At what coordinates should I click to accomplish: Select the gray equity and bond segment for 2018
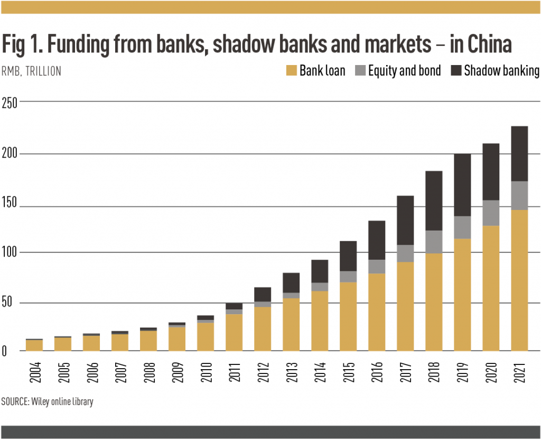pyautogui.click(x=434, y=242)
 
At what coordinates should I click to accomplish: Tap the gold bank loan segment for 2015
pyautogui.click(x=348, y=316)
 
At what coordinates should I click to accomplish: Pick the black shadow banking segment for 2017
pyautogui.click(x=405, y=220)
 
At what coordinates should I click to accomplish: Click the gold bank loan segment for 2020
pyautogui.click(x=491, y=288)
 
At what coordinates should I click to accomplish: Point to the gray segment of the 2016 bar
pyautogui.click(x=377, y=267)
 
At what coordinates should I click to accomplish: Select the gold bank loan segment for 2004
pyautogui.click(x=34, y=345)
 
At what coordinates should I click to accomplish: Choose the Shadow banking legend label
pyautogui.click(x=501, y=71)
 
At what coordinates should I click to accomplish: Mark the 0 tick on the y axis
pyautogui.click(x=4, y=351)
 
